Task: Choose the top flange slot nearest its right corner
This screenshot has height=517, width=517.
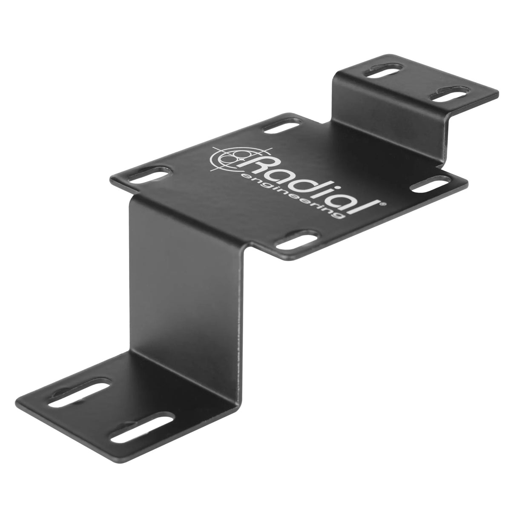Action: click(x=447, y=94)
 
